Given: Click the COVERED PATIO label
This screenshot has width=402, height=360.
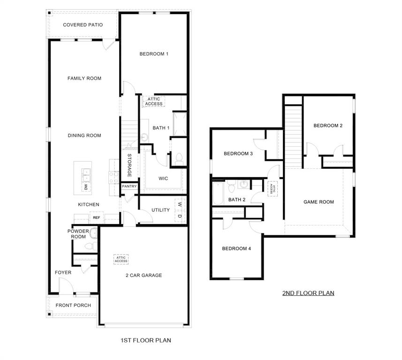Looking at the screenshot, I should [x=83, y=25].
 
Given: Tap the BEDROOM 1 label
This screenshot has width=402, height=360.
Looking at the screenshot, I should [x=154, y=54].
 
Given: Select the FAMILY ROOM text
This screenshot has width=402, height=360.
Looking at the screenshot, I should [x=84, y=78].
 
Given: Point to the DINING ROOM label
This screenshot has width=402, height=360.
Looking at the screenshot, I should [x=84, y=135].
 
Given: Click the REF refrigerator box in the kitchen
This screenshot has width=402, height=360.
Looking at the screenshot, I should [x=96, y=217].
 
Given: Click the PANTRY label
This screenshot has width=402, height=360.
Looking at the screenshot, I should [x=129, y=186].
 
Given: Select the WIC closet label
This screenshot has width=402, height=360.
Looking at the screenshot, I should [x=163, y=179].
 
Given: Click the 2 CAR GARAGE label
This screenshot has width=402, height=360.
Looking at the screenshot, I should [x=144, y=275].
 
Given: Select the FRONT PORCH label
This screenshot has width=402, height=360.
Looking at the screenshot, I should [x=73, y=305].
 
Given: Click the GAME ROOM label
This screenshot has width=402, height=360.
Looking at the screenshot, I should [x=319, y=202].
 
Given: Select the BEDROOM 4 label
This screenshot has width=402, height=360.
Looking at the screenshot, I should [x=236, y=248].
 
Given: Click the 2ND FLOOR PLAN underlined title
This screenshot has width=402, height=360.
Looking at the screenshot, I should [x=308, y=293].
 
